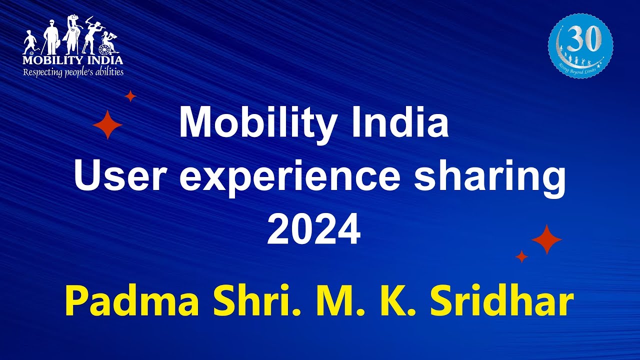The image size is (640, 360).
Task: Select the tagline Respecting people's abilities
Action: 73,71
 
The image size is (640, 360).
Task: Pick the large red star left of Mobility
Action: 107,125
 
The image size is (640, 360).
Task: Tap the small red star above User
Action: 130,96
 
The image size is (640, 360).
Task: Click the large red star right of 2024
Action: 546,239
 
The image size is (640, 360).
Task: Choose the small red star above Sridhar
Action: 521,256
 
